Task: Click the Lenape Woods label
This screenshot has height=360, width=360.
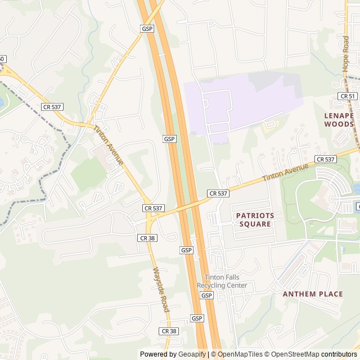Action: coord(339,119)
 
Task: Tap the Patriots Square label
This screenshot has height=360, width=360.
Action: coord(255,219)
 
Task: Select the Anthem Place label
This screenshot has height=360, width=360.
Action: coord(313,294)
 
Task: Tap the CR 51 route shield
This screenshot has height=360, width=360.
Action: coord(348,96)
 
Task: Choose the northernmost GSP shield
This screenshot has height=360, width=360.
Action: coord(147,28)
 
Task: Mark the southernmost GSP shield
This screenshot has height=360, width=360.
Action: coord(197,318)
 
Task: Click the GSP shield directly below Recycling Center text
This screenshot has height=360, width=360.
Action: coord(207,295)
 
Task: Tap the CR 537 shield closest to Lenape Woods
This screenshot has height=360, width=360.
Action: coord(326,159)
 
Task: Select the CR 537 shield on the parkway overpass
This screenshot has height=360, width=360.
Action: coord(218,193)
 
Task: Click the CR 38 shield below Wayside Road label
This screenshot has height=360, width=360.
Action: coord(169,331)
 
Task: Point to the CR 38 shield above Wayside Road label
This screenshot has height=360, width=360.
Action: coord(147,238)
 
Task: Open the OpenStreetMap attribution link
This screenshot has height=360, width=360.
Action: coord(296,354)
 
